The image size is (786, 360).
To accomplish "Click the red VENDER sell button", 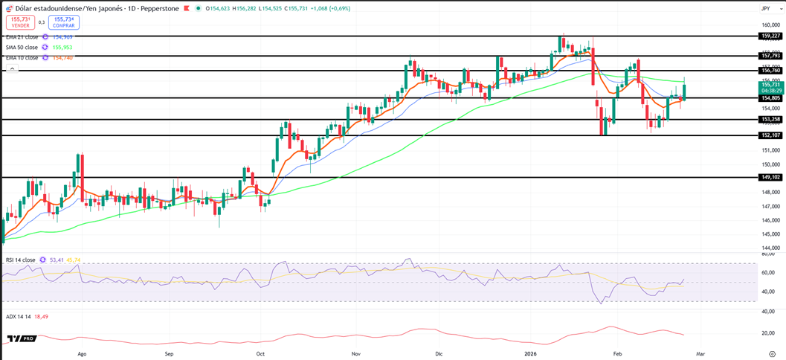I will click(20, 22).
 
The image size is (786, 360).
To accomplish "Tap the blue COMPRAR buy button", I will click(64, 22).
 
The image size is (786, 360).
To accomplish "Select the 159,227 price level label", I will click(770, 36).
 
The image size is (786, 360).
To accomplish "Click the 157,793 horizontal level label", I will click(770, 56).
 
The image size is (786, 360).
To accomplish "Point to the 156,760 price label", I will click(770, 71).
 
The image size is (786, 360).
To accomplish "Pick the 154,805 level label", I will click(770, 98).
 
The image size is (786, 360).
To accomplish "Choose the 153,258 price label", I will click(770, 119).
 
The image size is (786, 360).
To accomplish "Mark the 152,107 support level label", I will click(770, 135).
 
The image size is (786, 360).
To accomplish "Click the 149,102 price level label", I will click(770, 178).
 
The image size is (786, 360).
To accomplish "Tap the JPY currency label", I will click(765, 8).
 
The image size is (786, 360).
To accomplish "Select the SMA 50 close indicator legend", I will click(22, 47).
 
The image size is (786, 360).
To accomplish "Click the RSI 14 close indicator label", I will click(21, 260).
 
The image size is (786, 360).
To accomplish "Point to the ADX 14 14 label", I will click(17, 316).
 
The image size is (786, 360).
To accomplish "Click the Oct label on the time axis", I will click(260, 354).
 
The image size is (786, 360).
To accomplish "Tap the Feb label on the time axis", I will click(617, 354).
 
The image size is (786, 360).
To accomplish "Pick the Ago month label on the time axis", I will click(82, 354).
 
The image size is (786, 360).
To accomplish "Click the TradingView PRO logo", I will click(22, 338).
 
